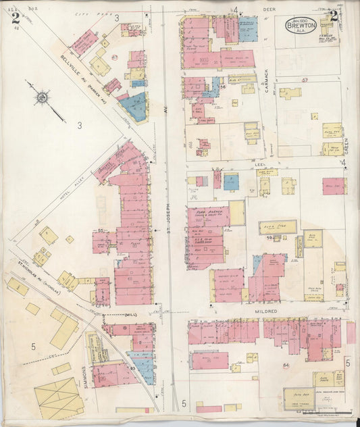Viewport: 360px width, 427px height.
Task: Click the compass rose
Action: (43, 97)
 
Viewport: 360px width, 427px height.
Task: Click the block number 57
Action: (305, 80)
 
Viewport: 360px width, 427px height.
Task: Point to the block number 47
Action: (115, 57)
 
